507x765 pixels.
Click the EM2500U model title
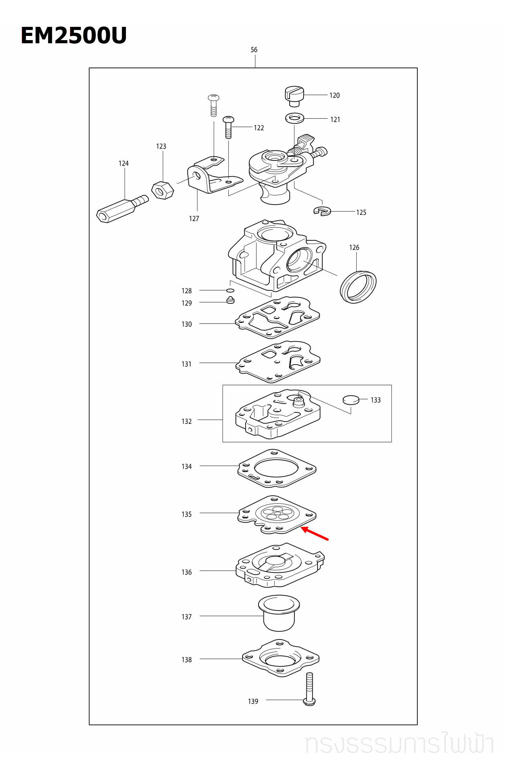point(74,35)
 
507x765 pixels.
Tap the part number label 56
point(254,50)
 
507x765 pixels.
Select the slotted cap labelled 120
point(294,96)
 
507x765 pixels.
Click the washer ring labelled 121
point(294,118)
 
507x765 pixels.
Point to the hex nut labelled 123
point(163,190)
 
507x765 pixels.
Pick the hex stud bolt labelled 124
point(121,209)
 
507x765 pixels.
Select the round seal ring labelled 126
point(358,287)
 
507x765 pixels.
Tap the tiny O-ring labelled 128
point(230,290)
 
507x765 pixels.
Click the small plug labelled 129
point(230,300)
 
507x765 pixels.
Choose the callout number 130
point(187,324)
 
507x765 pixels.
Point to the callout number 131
point(187,364)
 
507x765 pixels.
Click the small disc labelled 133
point(351,400)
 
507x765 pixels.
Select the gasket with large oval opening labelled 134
point(277,468)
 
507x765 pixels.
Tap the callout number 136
point(187,572)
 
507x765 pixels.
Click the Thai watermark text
point(399,744)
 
